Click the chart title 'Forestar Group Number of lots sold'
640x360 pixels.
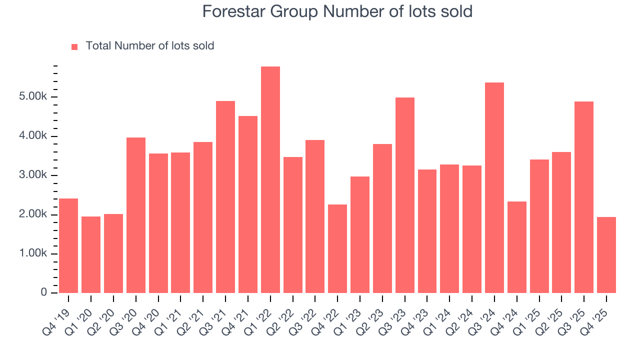pos(337,11)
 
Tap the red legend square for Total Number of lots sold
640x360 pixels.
pos(74,46)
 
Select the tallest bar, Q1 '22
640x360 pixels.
pos(270,179)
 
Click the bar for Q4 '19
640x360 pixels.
pos(68,245)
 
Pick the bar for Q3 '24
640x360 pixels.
pos(494,187)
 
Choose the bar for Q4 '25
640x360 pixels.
pos(606,255)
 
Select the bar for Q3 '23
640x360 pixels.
pos(405,195)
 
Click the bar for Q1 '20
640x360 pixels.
pos(91,254)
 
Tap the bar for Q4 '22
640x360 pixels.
pos(337,248)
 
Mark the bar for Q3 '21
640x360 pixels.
pos(225,197)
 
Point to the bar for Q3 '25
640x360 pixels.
pos(584,197)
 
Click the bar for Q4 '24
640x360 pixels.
pos(517,247)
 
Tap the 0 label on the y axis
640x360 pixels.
pos(44,293)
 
